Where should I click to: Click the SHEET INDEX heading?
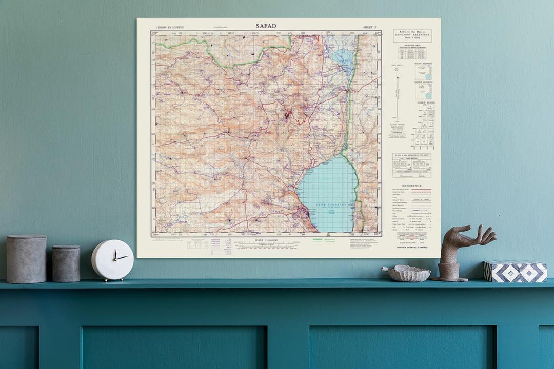(425, 102)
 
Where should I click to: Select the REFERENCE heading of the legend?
(412, 186)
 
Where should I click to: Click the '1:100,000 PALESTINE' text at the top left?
(169, 27)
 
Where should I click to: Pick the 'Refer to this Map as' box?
(412, 36)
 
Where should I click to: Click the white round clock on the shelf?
(113, 260)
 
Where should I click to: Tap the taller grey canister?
(26, 259)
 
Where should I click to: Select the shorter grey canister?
(66, 263)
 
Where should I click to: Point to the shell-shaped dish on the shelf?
(406, 273)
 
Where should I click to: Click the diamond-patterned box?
(515, 271)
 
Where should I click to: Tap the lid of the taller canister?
(26, 238)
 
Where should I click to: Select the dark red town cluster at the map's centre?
(287, 115)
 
